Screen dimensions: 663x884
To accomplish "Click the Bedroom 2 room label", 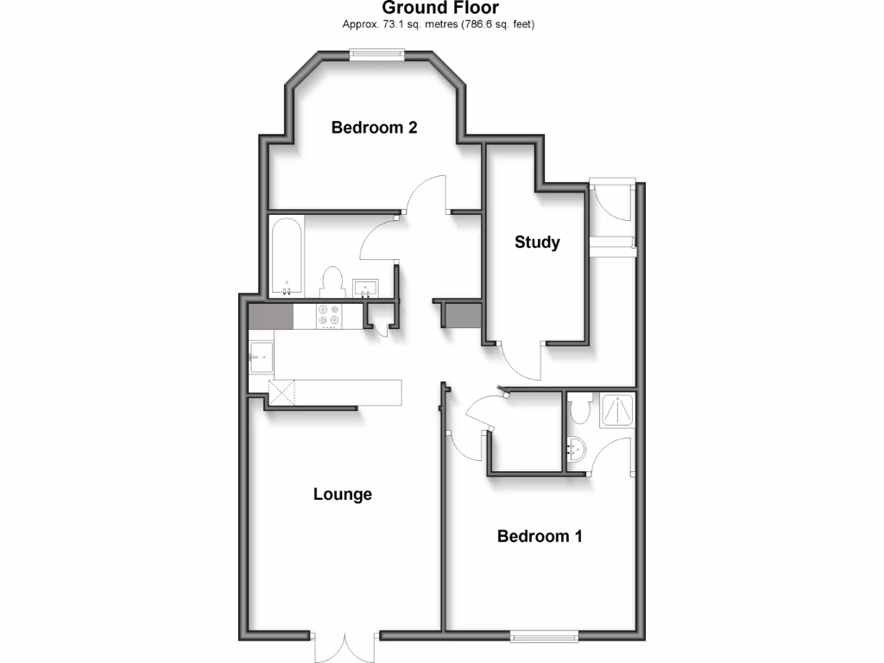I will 375,128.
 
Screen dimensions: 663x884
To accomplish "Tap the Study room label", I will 537,243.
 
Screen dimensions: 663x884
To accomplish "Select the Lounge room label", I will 343,495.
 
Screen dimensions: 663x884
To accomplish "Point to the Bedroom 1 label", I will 540,536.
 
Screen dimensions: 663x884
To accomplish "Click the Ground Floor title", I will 440,9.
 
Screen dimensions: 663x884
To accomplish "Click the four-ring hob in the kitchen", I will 329,317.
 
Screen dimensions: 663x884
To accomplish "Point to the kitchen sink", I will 261,356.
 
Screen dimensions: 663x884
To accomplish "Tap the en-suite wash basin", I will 578,449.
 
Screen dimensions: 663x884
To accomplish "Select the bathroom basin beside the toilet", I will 365,286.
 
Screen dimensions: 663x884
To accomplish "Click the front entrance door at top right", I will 612,199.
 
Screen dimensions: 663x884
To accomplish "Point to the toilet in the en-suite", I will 580,407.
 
